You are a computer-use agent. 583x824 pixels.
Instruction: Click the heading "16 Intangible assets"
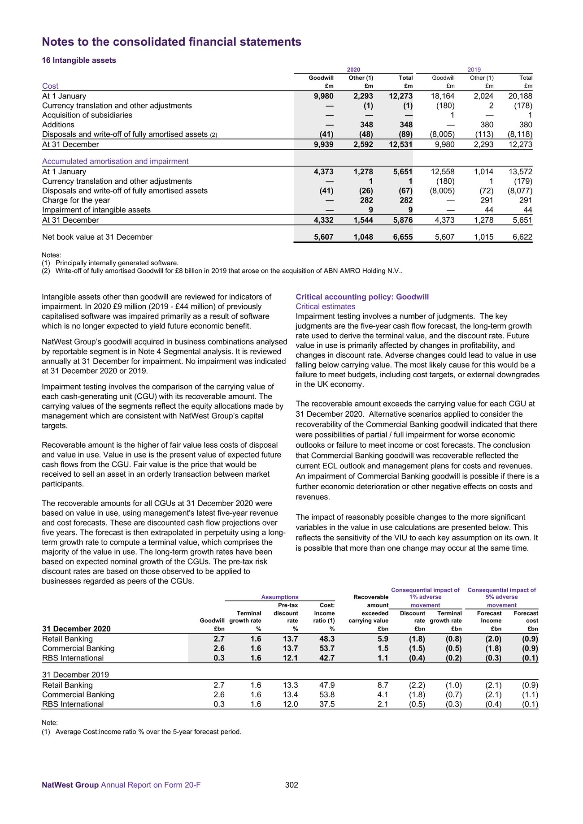pyautogui.click(x=79, y=60)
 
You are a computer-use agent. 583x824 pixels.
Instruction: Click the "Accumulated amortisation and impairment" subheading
pyautogui.click(x=115, y=161)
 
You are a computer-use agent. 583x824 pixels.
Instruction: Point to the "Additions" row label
pyautogui.click(x=58, y=125)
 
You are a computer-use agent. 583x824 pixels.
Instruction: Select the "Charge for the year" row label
pyautogui.click(x=76, y=200)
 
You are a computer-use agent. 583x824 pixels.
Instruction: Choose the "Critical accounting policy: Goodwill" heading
pyautogui.click(x=362, y=297)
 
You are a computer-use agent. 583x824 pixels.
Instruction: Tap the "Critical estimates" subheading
pyautogui.click(x=326, y=306)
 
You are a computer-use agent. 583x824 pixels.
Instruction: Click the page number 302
pyautogui.click(x=291, y=785)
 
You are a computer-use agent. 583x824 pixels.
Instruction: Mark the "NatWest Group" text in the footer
pyautogui.click(x=70, y=785)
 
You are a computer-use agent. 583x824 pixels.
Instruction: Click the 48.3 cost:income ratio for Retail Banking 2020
pyautogui.click(x=326, y=639)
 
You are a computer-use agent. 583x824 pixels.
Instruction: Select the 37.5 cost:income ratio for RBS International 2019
pyautogui.click(x=326, y=704)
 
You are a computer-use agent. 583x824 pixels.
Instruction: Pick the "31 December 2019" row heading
pyautogui.click(x=75, y=675)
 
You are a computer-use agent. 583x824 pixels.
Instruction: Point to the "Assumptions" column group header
pyautogui.click(x=280, y=597)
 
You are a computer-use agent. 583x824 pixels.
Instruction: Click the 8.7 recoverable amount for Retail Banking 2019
pyautogui.click(x=383, y=685)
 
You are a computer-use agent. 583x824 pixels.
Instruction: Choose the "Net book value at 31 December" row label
pyautogui.click(x=97, y=237)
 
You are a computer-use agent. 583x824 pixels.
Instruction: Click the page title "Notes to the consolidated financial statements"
pyautogui.click(x=171, y=42)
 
